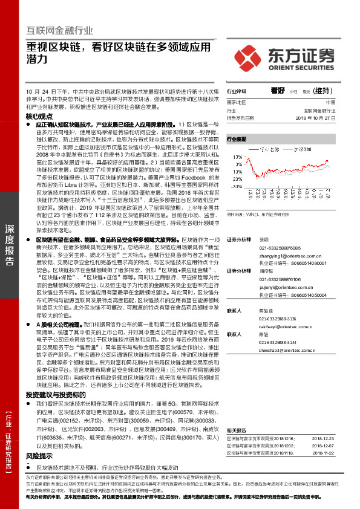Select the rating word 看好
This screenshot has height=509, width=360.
click(x=278, y=90)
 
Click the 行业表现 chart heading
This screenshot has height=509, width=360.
click(x=237, y=139)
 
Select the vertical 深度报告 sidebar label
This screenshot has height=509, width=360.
click(x=10, y=244)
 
